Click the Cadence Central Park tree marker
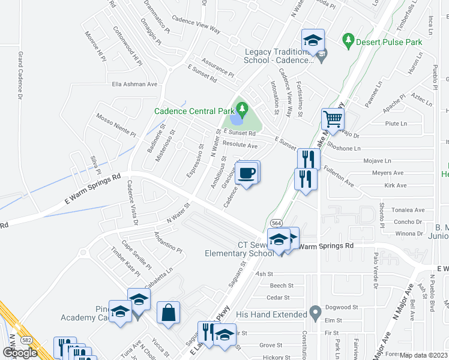tap(242, 109)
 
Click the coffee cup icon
tap(247, 173)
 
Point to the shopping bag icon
tap(169, 311)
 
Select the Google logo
tap(20, 353)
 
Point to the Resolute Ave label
tap(240, 145)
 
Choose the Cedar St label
tap(278, 297)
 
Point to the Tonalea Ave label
tap(409, 210)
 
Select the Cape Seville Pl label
tap(137, 254)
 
